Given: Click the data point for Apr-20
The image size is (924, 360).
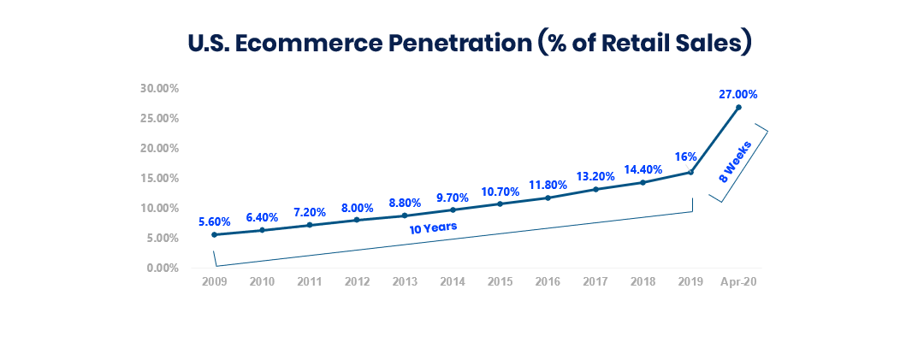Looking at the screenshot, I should [x=738, y=107].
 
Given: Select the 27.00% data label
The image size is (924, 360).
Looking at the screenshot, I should [x=738, y=94].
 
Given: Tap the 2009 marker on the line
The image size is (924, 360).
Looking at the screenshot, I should [x=214, y=234].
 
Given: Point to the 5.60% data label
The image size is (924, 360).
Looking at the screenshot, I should [x=214, y=221].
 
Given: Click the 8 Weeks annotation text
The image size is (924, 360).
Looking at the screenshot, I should [x=735, y=162].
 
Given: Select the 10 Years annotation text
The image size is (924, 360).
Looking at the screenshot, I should [x=433, y=227].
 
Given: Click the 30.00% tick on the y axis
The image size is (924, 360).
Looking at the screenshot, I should [x=159, y=88].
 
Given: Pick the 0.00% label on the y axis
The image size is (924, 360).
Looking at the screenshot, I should [x=162, y=268].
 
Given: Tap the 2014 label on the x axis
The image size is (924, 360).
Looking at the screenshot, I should [x=453, y=281].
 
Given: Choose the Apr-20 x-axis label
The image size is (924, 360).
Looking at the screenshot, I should [x=738, y=281].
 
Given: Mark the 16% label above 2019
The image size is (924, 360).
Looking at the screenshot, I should [x=685, y=156].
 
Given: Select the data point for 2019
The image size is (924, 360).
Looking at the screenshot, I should [x=690, y=172].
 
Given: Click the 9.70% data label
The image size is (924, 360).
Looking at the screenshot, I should [x=453, y=198].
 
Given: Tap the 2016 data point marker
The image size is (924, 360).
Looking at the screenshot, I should [x=548, y=198].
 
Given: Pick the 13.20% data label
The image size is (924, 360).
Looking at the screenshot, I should [x=595, y=176].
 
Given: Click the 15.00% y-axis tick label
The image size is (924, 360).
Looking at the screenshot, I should [x=159, y=178].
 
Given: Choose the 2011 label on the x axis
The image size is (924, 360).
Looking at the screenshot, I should [x=310, y=281].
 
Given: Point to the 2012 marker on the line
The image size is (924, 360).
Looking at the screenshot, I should [x=357, y=220].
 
